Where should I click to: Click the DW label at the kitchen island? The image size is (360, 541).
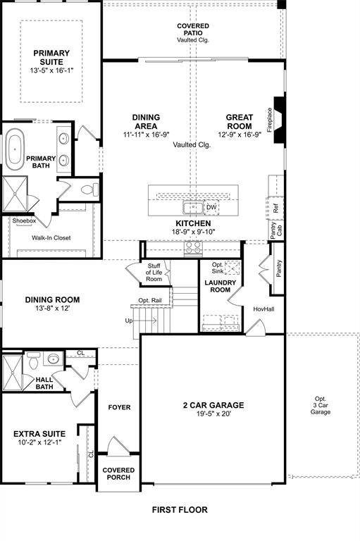pos(211,207)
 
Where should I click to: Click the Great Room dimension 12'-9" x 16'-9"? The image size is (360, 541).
pos(239,134)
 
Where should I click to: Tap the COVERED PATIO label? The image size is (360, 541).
pos(193,32)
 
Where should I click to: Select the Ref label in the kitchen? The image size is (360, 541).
pos(276,208)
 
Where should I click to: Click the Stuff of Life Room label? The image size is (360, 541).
pos(154,273)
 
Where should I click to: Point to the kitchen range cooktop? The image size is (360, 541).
pos(192,247)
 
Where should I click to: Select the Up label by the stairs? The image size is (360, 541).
pos(128,321)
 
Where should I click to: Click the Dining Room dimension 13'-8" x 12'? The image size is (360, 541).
pos(48,308)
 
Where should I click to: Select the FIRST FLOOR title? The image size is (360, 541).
pos(180,509)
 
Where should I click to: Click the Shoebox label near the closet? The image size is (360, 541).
pos(23,221)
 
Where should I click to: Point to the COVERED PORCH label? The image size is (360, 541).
pos(118,473)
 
